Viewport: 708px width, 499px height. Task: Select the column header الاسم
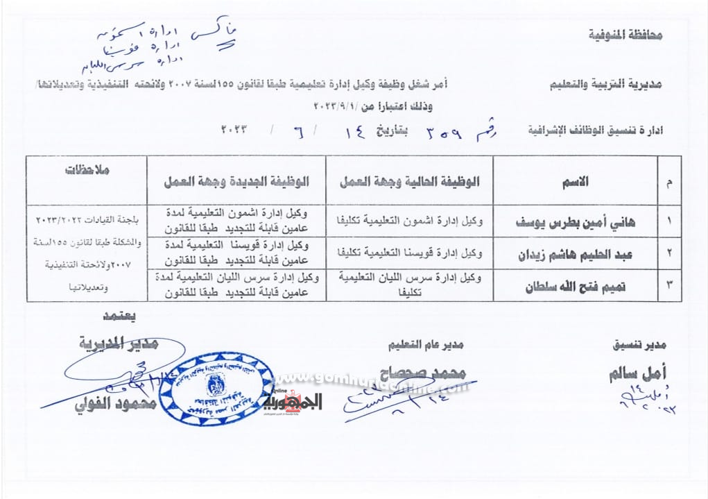pyautogui.click(x=578, y=182)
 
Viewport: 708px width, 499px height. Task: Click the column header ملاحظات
pyautogui.click(x=87, y=169)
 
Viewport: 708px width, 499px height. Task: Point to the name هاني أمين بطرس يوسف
pyautogui.click(x=577, y=223)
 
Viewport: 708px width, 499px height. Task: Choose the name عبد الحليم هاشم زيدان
pyautogui.click(x=577, y=254)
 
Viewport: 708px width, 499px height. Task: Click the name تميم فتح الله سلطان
pyautogui.click(x=577, y=286)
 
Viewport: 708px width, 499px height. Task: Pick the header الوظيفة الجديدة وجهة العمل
pyautogui.click(x=236, y=182)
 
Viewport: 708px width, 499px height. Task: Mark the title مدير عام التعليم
pyautogui.click(x=425, y=344)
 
